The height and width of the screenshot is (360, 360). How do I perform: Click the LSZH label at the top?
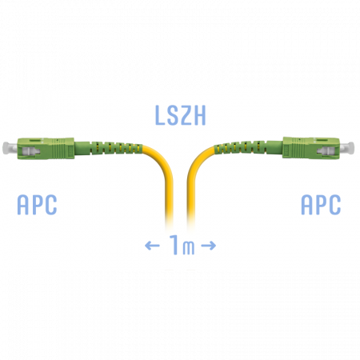(x=181, y=115)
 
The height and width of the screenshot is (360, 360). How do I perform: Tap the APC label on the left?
(x=37, y=205)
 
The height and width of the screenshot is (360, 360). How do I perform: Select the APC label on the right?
(x=321, y=205)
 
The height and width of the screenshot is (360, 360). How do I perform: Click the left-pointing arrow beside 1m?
(x=152, y=246)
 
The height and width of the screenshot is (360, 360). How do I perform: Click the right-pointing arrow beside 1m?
(x=209, y=246)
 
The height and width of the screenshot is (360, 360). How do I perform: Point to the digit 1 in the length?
(x=174, y=245)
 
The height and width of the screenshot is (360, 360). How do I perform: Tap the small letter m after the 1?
(x=189, y=247)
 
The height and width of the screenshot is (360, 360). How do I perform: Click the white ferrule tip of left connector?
(x=6, y=148)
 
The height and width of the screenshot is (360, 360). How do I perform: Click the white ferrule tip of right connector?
(x=350, y=147)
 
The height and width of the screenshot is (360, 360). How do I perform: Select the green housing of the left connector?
(x=46, y=149)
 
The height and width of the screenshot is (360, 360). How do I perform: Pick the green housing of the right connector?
(x=311, y=148)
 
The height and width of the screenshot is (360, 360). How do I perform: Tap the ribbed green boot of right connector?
(x=248, y=147)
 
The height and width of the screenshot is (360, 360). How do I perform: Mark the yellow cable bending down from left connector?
(x=166, y=182)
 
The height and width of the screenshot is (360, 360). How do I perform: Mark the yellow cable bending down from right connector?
(x=191, y=182)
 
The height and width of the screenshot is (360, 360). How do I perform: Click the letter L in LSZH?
(x=159, y=115)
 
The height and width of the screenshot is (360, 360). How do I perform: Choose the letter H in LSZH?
(x=200, y=115)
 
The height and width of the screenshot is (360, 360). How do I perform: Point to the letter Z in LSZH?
(x=187, y=115)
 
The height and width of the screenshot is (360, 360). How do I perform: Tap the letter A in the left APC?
(x=23, y=205)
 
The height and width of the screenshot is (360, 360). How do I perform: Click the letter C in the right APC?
(x=335, y=205)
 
